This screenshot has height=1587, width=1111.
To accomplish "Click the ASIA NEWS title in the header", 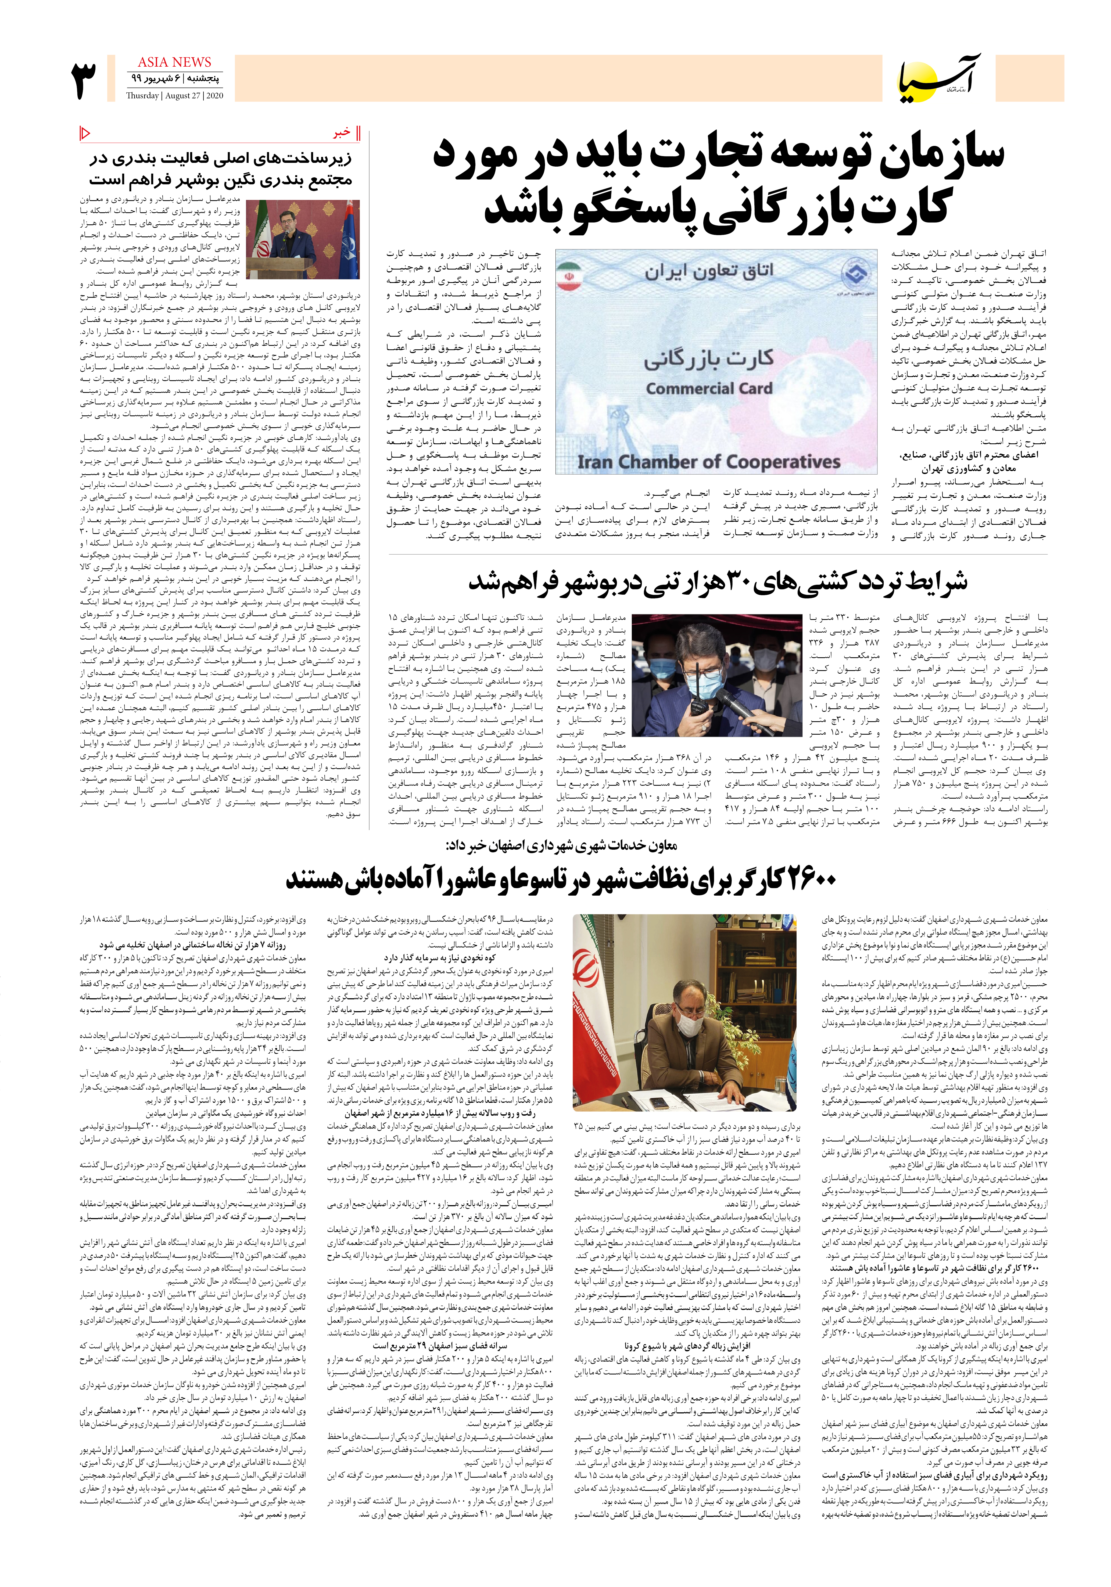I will point(174,62).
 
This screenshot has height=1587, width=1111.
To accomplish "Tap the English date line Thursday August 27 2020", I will point(174,96).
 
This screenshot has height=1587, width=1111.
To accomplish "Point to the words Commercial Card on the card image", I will point(709,389).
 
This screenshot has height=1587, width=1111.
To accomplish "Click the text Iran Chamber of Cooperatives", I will point(709,462).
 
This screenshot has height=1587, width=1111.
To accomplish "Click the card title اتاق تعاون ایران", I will point(709,271).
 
